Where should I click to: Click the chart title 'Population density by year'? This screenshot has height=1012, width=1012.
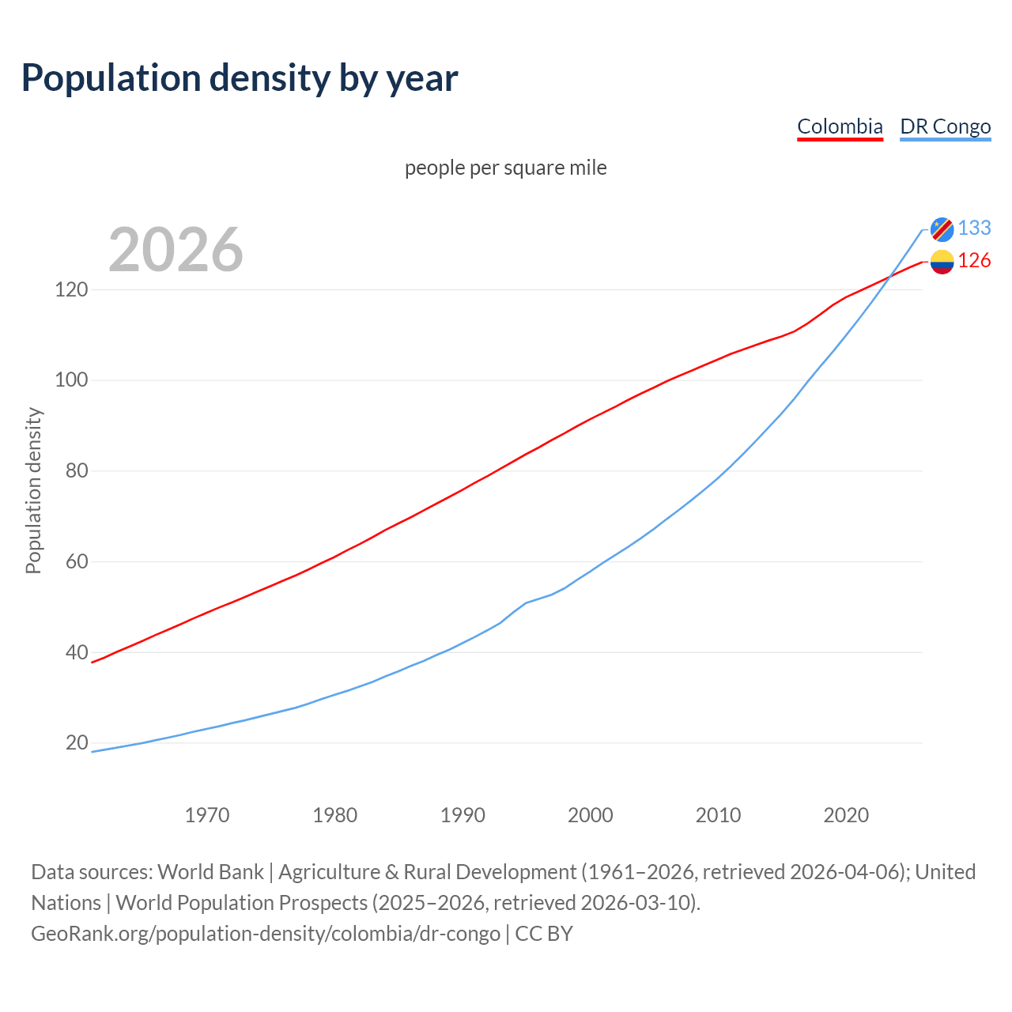tap(240, 77)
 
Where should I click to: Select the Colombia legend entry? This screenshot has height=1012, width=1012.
tap(840, 126)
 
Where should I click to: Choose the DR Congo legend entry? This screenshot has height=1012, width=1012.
tap(945, 126)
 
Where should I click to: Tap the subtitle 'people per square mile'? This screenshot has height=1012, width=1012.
tap(505, 168)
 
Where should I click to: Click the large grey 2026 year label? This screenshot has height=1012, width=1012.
tap(176, 250)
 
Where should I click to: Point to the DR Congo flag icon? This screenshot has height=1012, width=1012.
tap(942, 228)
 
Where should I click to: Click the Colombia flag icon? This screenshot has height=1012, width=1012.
tap(942, 262)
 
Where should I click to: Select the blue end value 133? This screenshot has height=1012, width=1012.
tap(974, 228)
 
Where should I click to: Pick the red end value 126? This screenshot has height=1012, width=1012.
tap(974, 261)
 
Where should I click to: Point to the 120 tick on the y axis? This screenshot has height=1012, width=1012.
tap(71, 289)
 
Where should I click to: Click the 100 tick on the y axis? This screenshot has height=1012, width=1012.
tap(71, 380)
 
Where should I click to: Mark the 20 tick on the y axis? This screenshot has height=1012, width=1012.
tap(77, 743)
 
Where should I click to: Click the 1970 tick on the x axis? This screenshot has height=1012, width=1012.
tap(207, 815)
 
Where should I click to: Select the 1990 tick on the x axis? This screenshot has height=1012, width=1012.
tap(463, 815)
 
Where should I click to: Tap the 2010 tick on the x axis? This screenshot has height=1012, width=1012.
tap(718, 815)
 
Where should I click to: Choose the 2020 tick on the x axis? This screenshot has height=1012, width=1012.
tap(846, 815)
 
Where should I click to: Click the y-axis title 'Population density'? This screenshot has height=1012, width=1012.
tap(33, 490)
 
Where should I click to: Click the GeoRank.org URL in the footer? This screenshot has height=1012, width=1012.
tap(266, 934)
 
